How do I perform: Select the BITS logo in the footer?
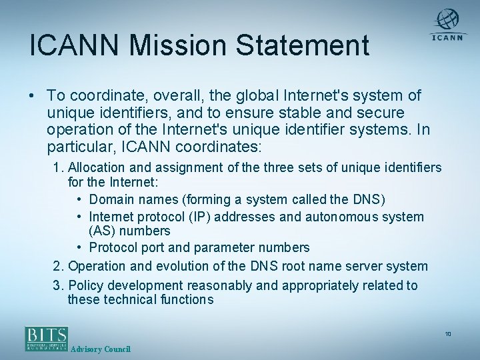(x=46, y=338)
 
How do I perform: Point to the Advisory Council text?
(x=101, y=349)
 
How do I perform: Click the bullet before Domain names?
(x=79, y=199)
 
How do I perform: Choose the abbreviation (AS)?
(x=101, y=231)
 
